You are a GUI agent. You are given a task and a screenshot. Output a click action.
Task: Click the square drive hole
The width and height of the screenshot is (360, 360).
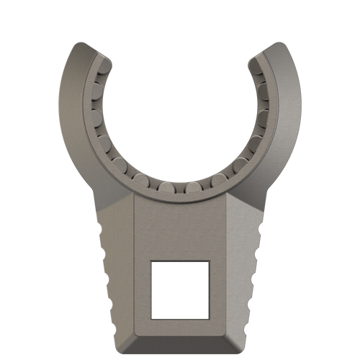[x=179, y=289]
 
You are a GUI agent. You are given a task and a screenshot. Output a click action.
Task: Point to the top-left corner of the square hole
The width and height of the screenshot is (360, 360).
[x=152, y=262]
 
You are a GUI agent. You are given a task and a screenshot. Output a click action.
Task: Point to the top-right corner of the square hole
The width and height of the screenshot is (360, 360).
[x=208, y=262]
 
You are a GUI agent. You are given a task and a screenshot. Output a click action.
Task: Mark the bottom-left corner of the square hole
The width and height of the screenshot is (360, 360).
[x=152, y=316]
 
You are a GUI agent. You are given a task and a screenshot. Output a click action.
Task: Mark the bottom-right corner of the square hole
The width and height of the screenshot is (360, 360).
[x=208, y=316]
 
